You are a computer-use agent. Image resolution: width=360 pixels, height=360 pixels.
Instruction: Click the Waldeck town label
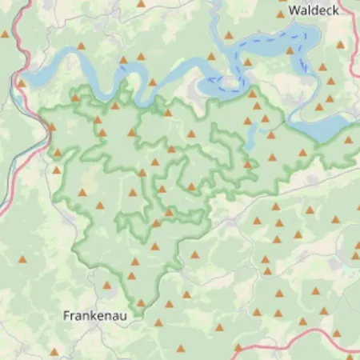315,10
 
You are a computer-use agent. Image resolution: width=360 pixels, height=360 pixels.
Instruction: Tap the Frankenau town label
94,316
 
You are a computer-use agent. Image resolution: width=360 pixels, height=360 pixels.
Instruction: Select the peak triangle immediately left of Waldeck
281,14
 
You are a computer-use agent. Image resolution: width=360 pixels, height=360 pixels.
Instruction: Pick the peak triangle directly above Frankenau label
106,285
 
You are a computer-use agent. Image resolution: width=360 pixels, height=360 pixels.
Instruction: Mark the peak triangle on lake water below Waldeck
290,50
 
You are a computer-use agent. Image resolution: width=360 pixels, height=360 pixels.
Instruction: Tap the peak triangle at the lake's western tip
21,83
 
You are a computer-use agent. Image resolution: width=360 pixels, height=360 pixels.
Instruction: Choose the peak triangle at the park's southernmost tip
141,302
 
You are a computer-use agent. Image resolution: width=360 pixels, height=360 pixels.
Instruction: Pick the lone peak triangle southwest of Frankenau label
54,351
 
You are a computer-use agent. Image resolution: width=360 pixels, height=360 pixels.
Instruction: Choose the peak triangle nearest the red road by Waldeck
340,45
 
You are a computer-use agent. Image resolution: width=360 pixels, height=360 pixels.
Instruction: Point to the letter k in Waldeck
336,10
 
